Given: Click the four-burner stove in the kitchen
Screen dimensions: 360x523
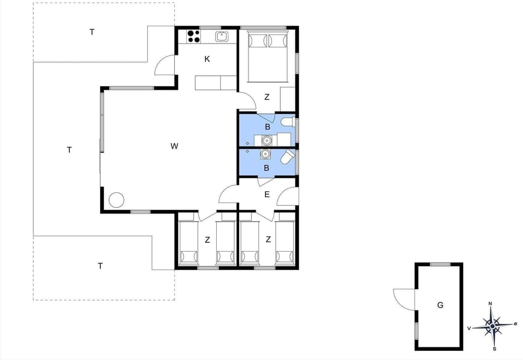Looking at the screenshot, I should (193, 36).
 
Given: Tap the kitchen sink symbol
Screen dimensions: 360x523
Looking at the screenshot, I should (221, 36).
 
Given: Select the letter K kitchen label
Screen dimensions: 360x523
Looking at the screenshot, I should (207, 59).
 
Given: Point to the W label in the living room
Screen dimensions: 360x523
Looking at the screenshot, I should (174, 146).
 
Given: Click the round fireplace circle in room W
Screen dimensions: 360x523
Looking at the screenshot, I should (117, 200).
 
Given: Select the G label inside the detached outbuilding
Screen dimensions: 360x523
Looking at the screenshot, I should (440, 305).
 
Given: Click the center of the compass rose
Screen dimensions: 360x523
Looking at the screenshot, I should (492, 326).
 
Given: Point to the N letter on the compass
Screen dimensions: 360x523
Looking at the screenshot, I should (490, 304).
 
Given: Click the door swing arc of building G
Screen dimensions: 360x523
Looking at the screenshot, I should (402, 298).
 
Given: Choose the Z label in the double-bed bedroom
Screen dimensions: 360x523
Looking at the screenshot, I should (267, 97).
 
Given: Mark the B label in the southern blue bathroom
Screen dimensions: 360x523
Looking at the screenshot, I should (266, 168).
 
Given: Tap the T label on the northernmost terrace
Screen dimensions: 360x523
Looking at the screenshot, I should (92, 32).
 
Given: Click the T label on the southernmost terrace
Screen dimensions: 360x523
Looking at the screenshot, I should (100, 266).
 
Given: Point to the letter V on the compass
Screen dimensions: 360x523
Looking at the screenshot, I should (469, 328).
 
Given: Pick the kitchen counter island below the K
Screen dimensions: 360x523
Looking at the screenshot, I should (216, 83).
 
